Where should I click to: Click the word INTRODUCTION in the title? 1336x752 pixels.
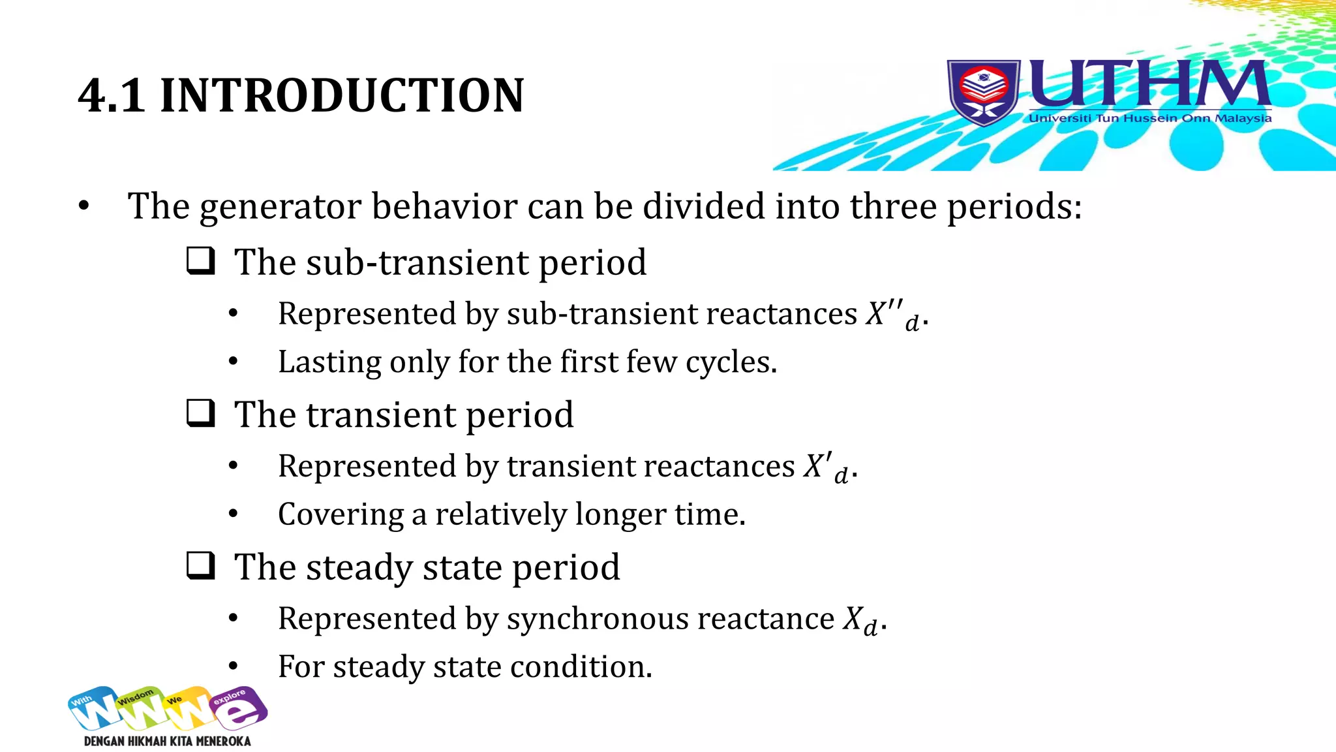pos(342,96)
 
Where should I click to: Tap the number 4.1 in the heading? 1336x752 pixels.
pos(111,96)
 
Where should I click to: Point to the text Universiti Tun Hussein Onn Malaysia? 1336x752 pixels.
pos(1149,118)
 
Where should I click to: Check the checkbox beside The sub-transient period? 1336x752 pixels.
pos(200,260)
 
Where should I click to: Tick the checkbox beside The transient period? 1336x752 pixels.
pos(200,413)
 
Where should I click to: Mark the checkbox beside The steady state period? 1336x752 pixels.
pos(200,565)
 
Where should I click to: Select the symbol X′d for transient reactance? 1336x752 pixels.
pos(826,467)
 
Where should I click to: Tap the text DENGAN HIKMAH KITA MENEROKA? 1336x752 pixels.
pos(167,742)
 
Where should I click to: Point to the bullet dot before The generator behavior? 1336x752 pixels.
pos(83,207)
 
